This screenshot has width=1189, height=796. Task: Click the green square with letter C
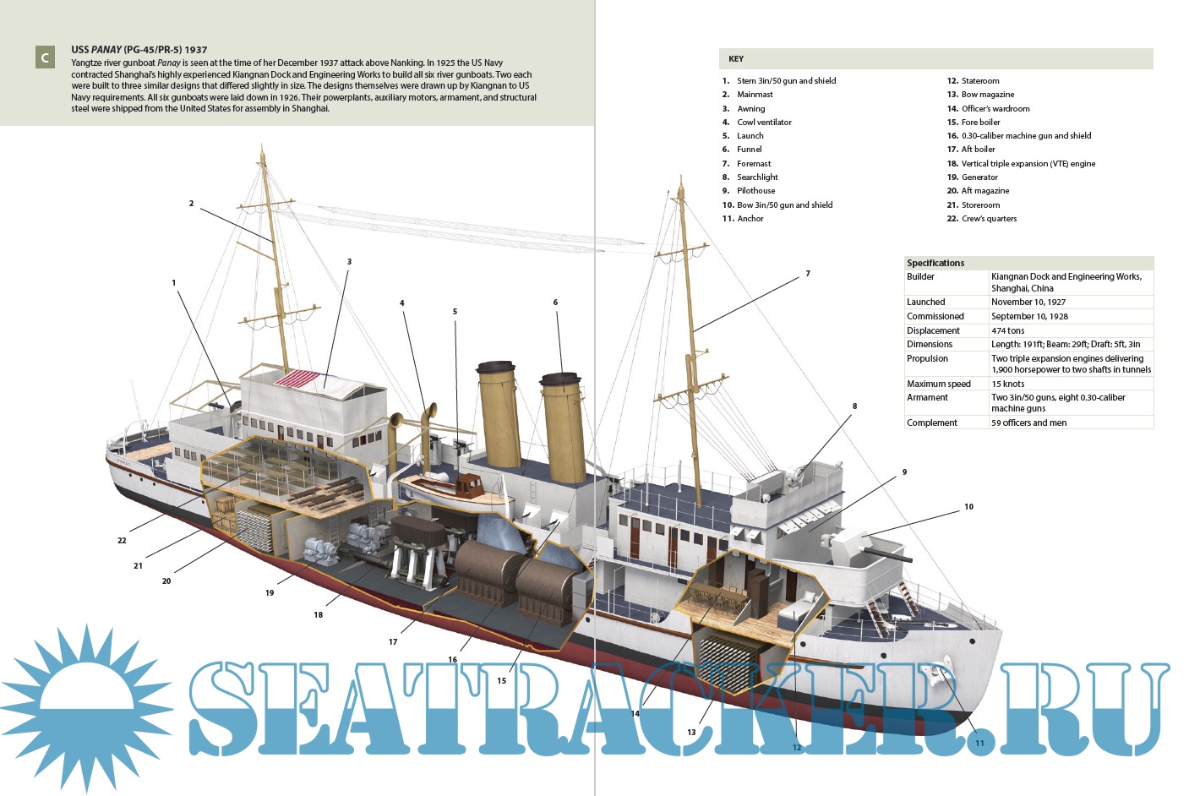coord(45,57)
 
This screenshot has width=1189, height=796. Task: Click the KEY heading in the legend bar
coord(736,59)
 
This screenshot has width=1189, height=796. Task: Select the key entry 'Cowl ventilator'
coord(764,122)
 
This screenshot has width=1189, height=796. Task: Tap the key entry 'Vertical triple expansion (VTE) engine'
coord(1028,163)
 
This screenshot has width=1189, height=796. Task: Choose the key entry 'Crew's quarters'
coord(989,218)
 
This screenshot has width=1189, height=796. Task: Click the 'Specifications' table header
coord(935,263)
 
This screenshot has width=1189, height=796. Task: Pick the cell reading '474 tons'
coord(1007,330)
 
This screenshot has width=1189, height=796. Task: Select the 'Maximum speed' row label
coord(938,384)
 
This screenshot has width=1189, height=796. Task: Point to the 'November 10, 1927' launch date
coord(1028,302)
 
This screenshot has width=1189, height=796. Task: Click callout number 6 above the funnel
coord(555,303)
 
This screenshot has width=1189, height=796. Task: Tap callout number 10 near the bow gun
coord(968,507)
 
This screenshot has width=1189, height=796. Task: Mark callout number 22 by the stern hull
coord(122,540)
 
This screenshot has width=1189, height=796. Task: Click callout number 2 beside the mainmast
coord(191,204)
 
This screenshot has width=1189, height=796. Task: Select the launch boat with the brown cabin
coord(452,488)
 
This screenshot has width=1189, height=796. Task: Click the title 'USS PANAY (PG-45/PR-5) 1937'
coord(139,50)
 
